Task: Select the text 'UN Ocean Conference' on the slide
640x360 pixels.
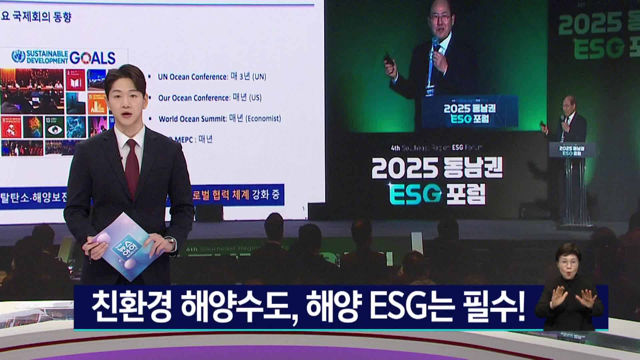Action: (192, 77)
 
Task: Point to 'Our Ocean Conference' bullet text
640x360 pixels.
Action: (194, 98)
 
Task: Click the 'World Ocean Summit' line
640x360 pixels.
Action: (192, 119)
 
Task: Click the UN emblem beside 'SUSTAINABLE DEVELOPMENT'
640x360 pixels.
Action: (18, 57)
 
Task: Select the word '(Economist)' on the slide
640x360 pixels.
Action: (263, 119)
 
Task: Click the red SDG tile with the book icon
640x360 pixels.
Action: (75, 80)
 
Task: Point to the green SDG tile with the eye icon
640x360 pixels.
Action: (55, 127)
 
